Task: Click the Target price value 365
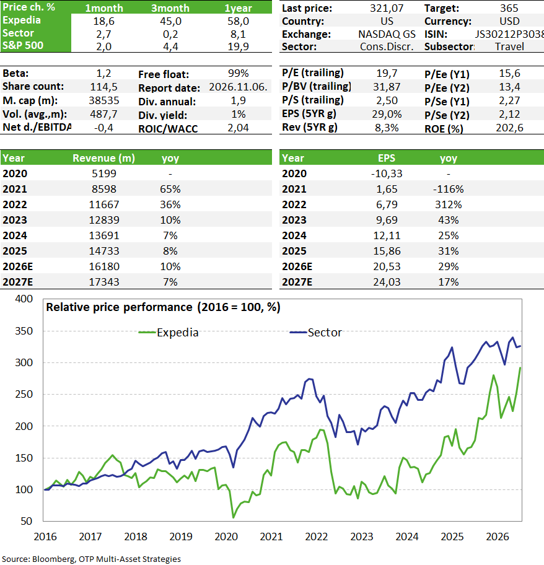pos(509,8)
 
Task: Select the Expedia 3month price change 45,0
pos(170,21)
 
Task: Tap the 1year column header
pos(238,8)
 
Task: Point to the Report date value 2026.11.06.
pos(238,87)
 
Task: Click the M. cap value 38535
pos(103,100)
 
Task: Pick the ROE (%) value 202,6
pos(509,128)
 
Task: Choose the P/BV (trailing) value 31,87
pos(387,87)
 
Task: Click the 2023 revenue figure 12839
pos(103,220)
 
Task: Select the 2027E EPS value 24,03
pos(387,282)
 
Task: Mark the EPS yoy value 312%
pos(448,204)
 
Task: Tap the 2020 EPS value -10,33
pos(387,173)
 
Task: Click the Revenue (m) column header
pos(103,158)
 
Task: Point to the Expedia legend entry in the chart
pos(169,332)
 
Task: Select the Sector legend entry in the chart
pos(315,332)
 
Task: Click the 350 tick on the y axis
pos(24,331)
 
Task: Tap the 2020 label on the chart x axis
pos(226,537)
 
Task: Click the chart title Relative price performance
pos(119,307)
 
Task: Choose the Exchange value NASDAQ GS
pos(387,34)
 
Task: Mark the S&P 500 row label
pos(23,45)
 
